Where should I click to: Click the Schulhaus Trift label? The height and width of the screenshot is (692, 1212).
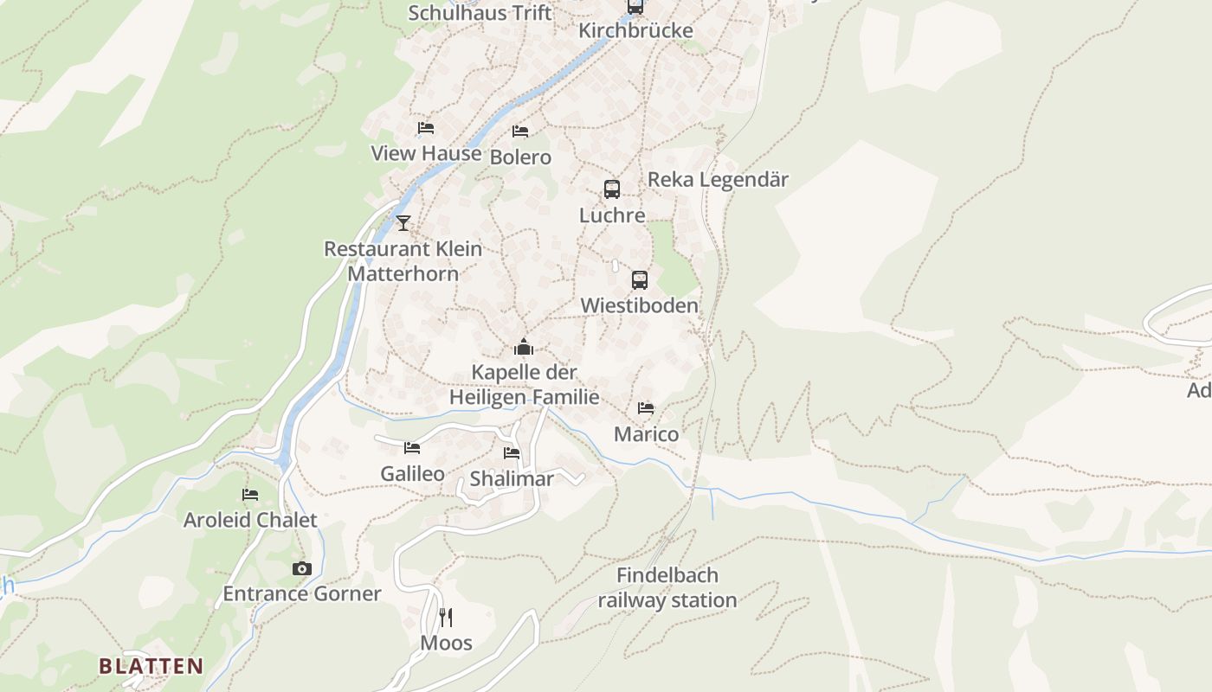[x=479, y=13]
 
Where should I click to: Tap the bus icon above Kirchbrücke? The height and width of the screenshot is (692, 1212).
[x=635, y=6]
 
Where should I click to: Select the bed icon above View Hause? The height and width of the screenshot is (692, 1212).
[x=425, y=128]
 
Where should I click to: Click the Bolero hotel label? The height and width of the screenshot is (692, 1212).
[x=520, y=157]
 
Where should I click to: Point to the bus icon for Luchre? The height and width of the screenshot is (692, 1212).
[x=612, y=189]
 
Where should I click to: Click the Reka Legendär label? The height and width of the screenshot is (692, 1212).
[x=718, y=180]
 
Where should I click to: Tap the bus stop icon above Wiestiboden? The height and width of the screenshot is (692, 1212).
[x=639, y=280]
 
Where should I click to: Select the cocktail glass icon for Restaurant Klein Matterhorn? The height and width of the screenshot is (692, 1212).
[x=403, y=223]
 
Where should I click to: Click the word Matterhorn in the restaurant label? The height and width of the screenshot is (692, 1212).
[x=403, y=273]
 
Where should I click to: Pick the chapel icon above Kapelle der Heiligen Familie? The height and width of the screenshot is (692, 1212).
[x=524, y=348]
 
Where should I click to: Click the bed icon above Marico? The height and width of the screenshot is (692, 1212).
[x=646, y=408]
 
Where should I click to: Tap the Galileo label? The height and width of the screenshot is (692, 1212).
[x=412, y=473]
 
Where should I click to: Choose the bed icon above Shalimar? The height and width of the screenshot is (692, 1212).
[x=512, y=453]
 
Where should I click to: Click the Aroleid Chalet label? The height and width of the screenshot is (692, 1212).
[x=250, y=520]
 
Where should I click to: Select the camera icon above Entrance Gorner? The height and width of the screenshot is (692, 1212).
[x=301, y=568]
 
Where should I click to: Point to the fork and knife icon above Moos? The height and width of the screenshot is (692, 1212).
[x=446, y=617]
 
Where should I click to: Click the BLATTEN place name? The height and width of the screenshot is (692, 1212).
[x=151, y=666]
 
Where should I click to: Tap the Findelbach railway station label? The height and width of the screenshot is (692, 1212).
[x=667, y=587]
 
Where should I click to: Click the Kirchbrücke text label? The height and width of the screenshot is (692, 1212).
[x=635, y=31]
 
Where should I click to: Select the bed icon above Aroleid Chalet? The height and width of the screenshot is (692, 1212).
[x=250, y=495]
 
